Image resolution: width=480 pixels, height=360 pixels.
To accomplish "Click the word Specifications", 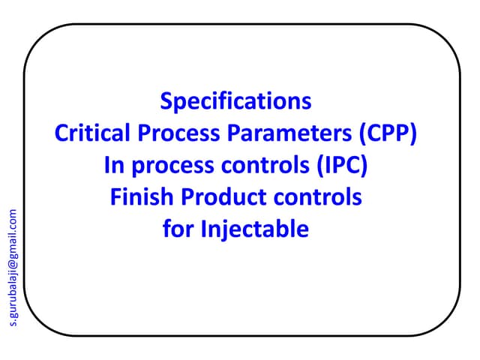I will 235,101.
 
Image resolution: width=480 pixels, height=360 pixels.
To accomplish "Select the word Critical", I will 88,133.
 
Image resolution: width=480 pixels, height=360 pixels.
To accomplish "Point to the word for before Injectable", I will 178,229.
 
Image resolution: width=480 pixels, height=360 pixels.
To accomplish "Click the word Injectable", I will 254,229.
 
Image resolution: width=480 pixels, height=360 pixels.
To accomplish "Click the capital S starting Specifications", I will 167,101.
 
